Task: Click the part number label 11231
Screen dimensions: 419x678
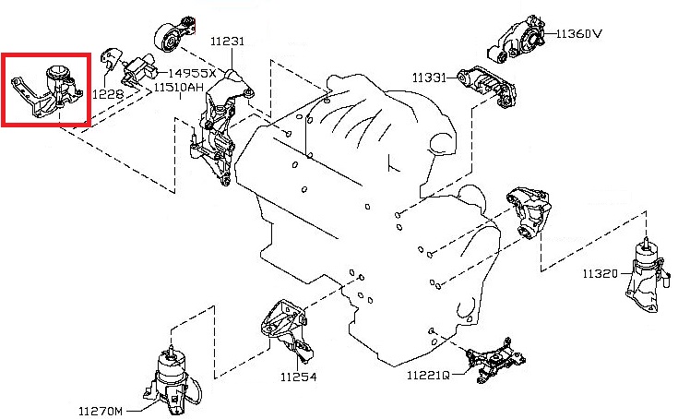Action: pyautogui.click(x=227, y=42)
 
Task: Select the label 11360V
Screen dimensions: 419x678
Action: pyautogui.click(x=578, y=34)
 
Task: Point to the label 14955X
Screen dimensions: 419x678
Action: pyautogui.click(x=192, y=73)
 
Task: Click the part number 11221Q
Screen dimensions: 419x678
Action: pyautogui.click(x=427, y=376)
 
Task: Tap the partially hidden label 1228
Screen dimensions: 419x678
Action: pyautogui.click(x=107, y=93)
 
